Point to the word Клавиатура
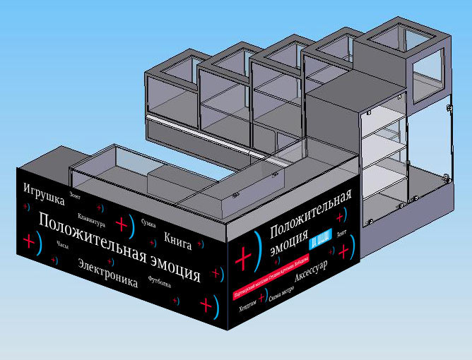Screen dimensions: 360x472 click(93, 219)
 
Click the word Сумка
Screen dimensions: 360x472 click(148, 224)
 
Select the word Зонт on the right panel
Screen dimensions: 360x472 click(342, 232)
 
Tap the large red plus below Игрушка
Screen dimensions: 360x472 click(29, 241)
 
